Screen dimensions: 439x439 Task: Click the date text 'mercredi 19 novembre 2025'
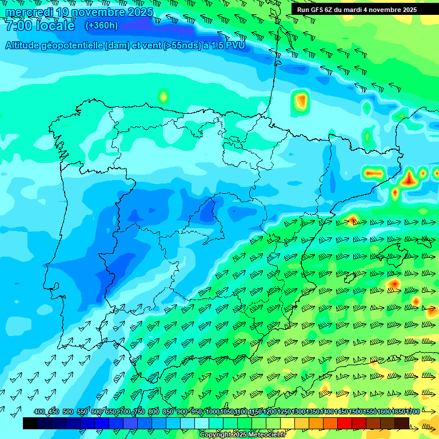point(79,12)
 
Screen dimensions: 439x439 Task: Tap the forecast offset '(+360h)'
point(101,25)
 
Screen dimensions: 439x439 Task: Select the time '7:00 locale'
point(40,26)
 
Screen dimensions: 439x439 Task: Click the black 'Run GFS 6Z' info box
point(357,10)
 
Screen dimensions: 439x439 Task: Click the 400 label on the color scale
point(39,412)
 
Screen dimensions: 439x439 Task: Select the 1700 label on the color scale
point(413,412)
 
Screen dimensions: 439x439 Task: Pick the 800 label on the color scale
point(154,412)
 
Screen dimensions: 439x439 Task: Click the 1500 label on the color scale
point(355,412)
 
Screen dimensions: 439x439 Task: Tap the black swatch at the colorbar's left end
point(30,423)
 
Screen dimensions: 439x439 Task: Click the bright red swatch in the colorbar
point(345,423)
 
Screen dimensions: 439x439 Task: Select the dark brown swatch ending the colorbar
point(402,423)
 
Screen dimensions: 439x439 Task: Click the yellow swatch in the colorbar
point(288,423)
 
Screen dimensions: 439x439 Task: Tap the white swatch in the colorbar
point(202,423)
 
